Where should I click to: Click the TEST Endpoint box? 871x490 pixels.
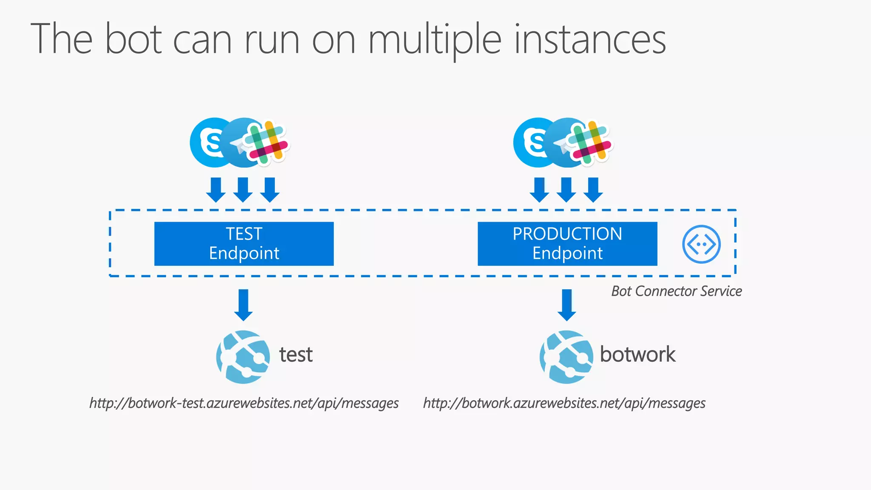pyautogui.click(x=244, y=244)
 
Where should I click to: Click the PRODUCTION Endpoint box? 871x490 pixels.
pyautogui.click(x=567, y=244)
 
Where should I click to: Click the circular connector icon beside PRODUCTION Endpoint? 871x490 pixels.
pyautogui.click(x=701, y=244)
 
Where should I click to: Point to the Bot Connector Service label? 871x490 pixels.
pyautogui.click(x=676, y=291)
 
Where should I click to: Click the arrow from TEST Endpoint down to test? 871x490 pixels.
pyautogui.click(x=243, y=305)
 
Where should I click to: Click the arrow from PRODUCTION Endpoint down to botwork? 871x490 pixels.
pyautogui.click(x=567, y=305)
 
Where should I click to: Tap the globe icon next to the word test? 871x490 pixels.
pyautogui.click(x=243, y=357)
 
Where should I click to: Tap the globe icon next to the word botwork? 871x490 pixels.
pyautogui.click(x=566, y=357)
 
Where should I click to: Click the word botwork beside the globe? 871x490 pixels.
pyautogui.click(x=637, y=354)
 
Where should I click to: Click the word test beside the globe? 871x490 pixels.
pyautogui.click(x=296, y=355)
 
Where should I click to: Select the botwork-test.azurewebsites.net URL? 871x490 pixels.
pyautogui.click(x=244, y=403)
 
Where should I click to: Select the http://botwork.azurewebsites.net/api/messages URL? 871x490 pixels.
pyautogui.click(x=564, y=403)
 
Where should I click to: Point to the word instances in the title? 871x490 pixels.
pyautogui.click(x=590, y=40)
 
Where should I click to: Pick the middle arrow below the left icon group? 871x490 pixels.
pyautogui.click(x=243, y=190)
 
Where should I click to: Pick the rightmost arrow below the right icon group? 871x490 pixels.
pyautogui.click(x=593, y=190)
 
